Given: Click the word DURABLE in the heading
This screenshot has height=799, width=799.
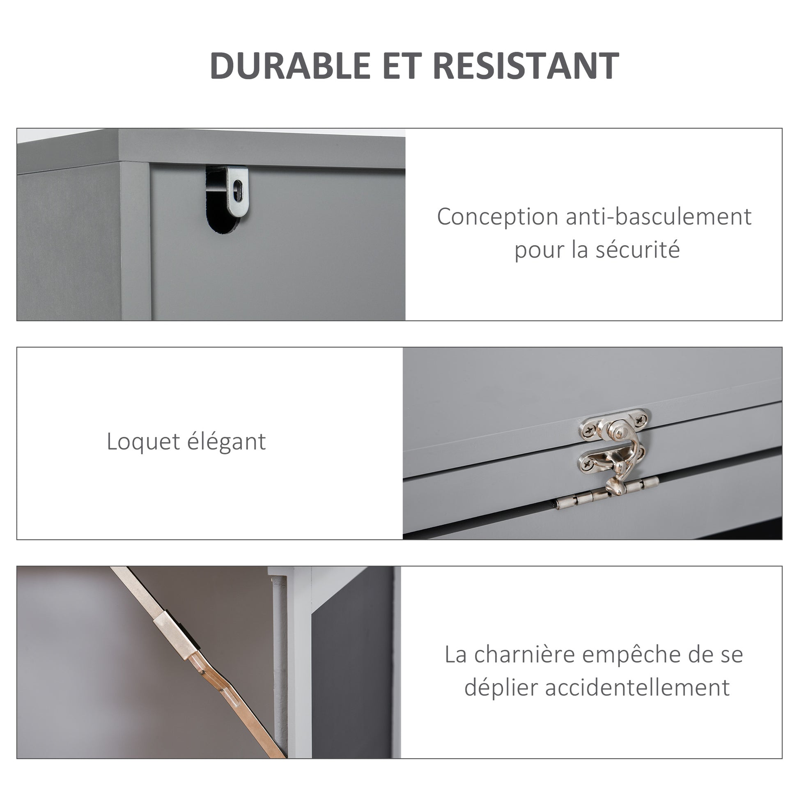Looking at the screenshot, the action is pyautogui.click(x=290, y=65).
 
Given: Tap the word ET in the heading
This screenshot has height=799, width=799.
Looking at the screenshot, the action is pyautogui.click(x=401, y=65).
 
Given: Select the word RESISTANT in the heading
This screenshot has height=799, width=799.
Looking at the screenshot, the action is pyautogui.click(x=525, y=65).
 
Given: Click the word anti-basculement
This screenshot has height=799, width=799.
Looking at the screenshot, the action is pyautogui.click(x=659, y=217).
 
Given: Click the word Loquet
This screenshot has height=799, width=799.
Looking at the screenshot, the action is pyautogui.click(x=143, y=442).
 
